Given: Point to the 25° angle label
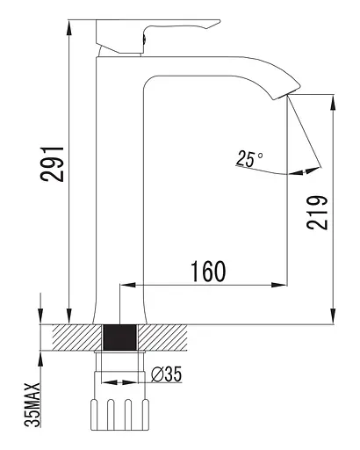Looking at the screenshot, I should point(249,158).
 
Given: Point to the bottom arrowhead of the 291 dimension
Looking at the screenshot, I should point(68,317).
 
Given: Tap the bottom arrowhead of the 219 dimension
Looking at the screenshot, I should point(332,317).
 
